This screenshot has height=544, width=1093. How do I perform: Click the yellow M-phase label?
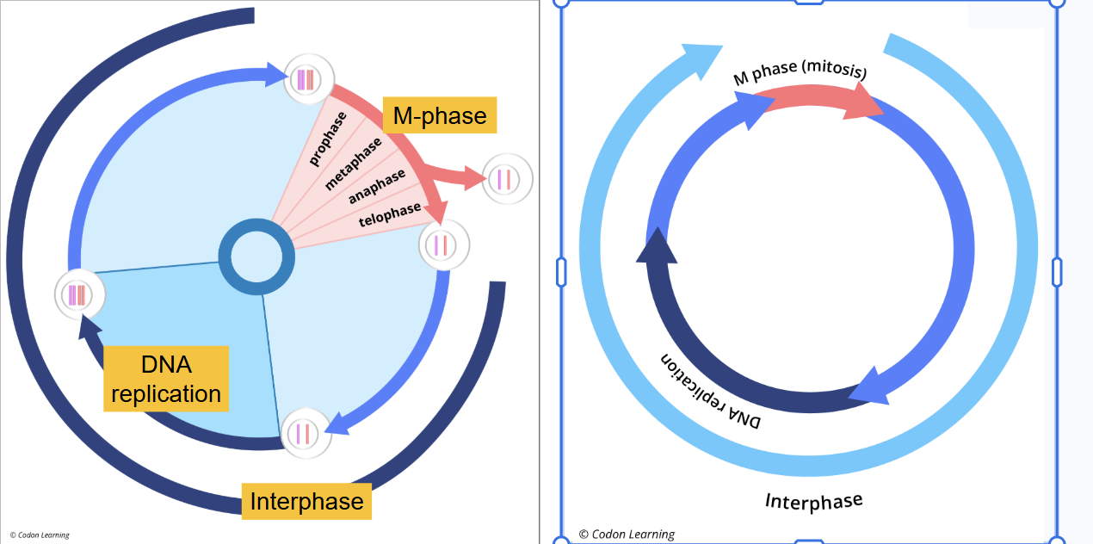[x=440, y=114]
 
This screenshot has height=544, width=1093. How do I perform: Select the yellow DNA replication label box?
[x=166, y=379]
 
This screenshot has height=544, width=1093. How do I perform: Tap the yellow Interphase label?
[x=306, y=501]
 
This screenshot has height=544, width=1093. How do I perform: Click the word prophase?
[x=328, y=138]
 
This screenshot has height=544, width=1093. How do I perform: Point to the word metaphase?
[x=353, y=163]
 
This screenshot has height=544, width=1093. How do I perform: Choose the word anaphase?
[x=376, y=187]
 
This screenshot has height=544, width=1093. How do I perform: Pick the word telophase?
[x=390, y=214]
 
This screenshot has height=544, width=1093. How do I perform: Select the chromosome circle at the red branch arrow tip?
[x=507, y=180]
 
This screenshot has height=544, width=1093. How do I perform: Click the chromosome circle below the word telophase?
[x=444, y=244]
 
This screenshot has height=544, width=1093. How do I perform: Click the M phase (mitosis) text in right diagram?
[x=800, y=74]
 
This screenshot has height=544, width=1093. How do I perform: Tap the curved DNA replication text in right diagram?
[x=711, y=391]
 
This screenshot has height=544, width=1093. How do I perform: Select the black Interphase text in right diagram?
[x=813, y=500]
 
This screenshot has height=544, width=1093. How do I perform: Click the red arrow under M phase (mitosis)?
[x=822, y=102]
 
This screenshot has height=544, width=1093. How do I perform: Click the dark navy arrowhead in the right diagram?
[x=655, y=245]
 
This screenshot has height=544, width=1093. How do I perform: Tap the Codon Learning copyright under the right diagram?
[x=627, y=534]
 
